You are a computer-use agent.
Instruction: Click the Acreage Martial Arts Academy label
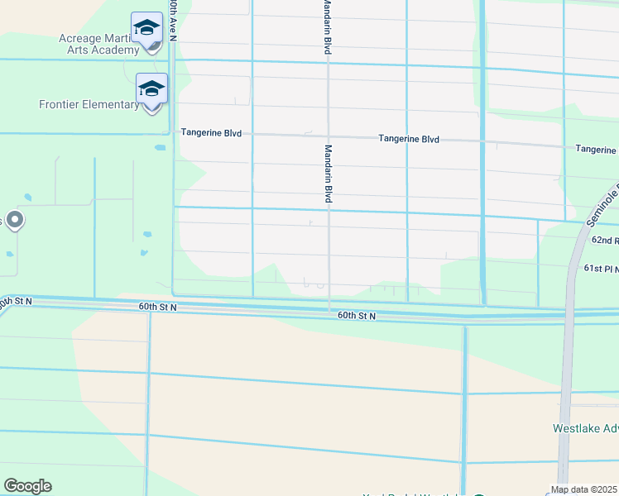pos(98,44)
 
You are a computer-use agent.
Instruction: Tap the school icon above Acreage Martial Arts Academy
pos(147,29)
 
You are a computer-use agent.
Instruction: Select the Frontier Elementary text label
pos(89,104)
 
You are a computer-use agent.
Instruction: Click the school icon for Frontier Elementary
pos(152,89)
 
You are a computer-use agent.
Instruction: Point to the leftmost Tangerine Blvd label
pos(211,132)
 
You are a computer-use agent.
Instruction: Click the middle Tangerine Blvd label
pos(409,139)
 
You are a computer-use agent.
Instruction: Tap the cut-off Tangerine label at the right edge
pos(597,149)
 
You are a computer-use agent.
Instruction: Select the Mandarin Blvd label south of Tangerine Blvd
pos(329,174)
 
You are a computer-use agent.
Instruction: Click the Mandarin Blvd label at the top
pos(329,28)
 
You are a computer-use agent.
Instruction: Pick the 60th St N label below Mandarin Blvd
pos(357,316)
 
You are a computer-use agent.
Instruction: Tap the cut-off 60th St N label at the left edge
pos(16,302)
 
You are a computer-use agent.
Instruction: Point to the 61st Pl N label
pos(601,268)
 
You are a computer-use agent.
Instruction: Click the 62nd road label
pos(605,240)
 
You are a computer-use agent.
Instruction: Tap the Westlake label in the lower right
pos(585,429)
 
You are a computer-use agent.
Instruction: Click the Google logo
pos(27,486)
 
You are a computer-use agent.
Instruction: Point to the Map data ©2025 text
pos(583,489)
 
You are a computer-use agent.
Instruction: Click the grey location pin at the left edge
pos(14,221)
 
